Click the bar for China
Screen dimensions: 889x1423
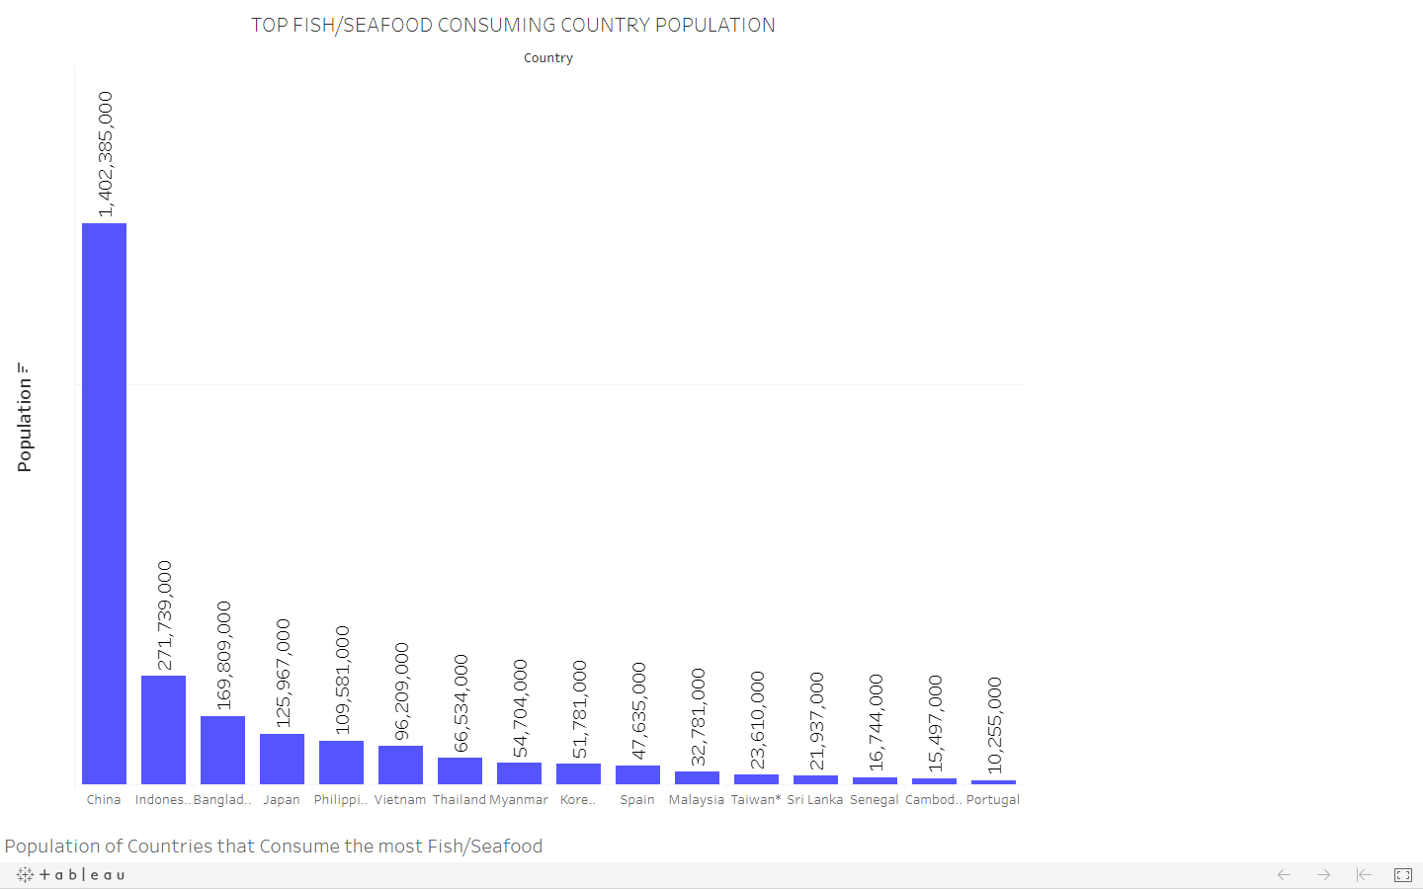pos(104,504)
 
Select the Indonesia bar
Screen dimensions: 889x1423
pos(163,730)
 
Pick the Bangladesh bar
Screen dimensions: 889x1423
pos(222,750)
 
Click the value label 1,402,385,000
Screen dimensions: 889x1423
pos(105,154)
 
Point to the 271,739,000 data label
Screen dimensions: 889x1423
pos(164,614)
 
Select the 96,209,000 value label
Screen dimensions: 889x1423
pos(401,690)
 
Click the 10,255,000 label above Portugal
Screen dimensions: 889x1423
pos(994,724)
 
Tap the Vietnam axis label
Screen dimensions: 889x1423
pos(400,800)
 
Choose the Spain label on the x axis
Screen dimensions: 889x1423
pos(637,800)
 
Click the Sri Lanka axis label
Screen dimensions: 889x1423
pos(815,800)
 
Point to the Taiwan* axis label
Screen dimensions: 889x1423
pos(756,800)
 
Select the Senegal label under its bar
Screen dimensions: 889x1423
pos(875,800)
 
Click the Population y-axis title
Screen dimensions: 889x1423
pos(25,425)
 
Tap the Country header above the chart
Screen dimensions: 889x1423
pos(548,58)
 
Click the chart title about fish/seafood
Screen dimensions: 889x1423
pos(513,26)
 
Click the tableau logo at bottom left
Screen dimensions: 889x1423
pos(71,874)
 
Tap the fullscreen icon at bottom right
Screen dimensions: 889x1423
pos(1403,875)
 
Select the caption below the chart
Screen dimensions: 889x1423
pos(274,847)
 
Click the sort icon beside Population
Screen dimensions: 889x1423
pos(24,367)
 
